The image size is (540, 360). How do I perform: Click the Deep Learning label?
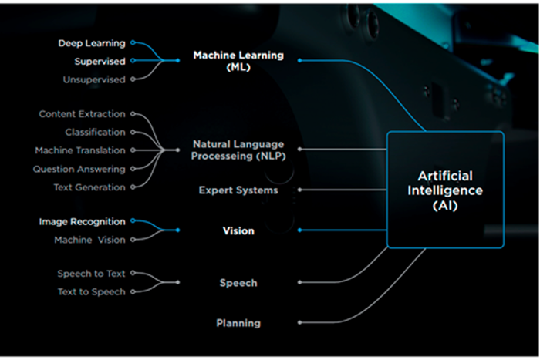pyautogui.click(x=92, y=43)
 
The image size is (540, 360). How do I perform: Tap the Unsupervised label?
pyautogui.click(x=95, y=79)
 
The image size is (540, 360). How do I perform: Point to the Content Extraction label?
pyautogui.click(x=82, y=114)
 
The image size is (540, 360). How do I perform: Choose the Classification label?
pyautogui.click(x=95, y=133)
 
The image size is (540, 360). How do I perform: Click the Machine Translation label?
pyautogui.click(x=80, y=150)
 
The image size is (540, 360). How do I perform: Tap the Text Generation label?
pyautogui.click(x=89, y=187)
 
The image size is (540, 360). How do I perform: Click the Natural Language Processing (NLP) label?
pyautogui.click(x=238, y=150)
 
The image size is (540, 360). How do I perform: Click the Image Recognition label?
pyautogui.click(x=82, y=222)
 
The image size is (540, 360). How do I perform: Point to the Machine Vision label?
pyautogui.click(x=89, y=240)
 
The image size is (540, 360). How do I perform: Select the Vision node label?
pyautogui.click(x=238, y=230)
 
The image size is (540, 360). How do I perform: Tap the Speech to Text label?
pyautogui.click(x=91, y=274)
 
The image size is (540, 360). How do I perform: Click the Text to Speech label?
pyautogui.click(x=91, y=292)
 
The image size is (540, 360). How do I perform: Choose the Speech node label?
pyautogui.click(x=238, y=283)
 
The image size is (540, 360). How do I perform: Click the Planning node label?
pyautogui.click(x=238, y=323)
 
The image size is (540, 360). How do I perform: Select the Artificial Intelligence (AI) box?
pyautogui.click(x=444, y=190)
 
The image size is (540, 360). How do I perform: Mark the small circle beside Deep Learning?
pyautogui.click(x=133, y=43)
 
